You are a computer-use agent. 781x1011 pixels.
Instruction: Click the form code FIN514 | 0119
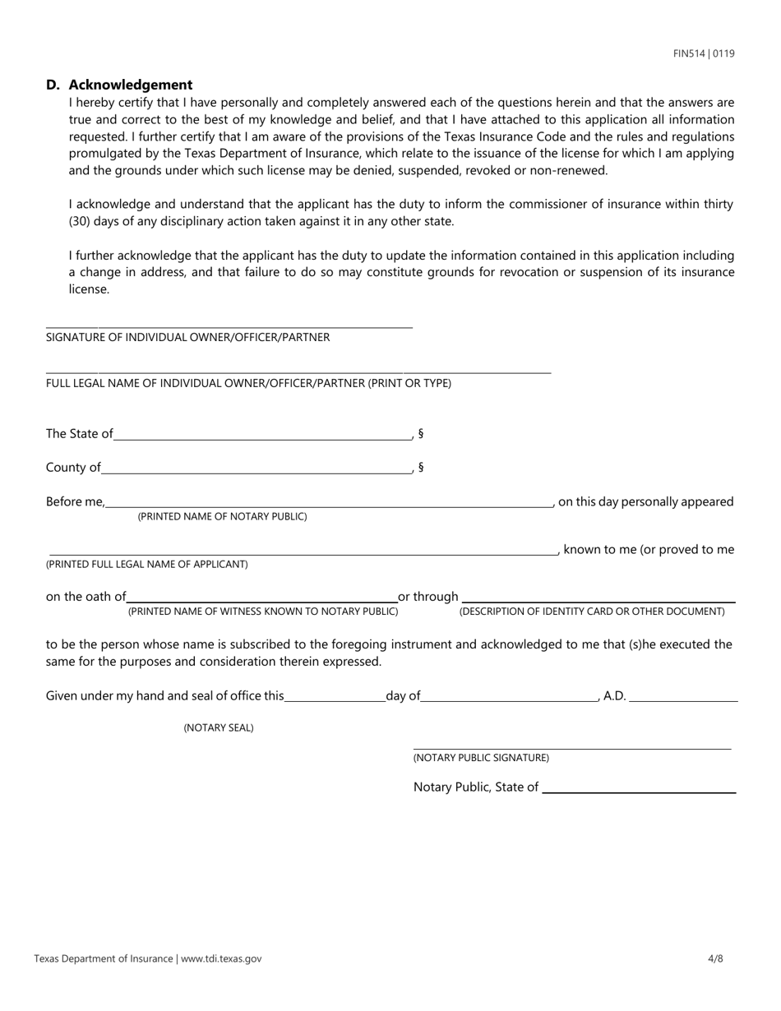coord(704,53)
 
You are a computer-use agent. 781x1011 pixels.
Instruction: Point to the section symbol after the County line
coord(421,467)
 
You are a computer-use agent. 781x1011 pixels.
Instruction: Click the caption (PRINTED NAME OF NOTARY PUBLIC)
coord(222,516)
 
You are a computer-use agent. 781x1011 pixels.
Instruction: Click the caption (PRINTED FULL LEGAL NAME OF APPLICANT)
coord(147,564)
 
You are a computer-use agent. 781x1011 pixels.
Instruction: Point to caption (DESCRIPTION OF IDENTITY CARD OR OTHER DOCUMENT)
coord(592,612)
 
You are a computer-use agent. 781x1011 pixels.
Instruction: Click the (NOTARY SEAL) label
coord(219,727)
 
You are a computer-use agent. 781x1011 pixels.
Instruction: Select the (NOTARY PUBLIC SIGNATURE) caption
coord(481,758)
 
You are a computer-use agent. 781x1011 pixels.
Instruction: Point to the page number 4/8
coord(715,958)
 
